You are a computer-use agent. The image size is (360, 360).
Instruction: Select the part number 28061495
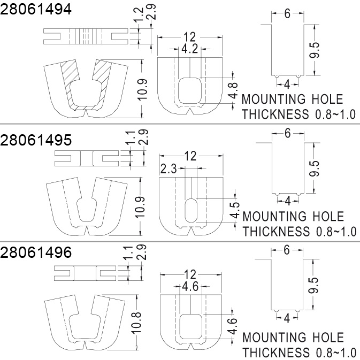[x=36, y=141]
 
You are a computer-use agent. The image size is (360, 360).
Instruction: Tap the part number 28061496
[x=36, y=253]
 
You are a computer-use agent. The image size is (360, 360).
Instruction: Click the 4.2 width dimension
[x=190, y=49]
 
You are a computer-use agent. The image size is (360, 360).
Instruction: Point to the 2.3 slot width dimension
[x=168, y=169]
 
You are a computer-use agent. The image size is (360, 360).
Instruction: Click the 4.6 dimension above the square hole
[x=190, y=287]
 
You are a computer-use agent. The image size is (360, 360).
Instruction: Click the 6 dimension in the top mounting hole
[x=287, y=14]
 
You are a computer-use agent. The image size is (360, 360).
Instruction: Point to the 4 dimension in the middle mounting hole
[x=287, y=201]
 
